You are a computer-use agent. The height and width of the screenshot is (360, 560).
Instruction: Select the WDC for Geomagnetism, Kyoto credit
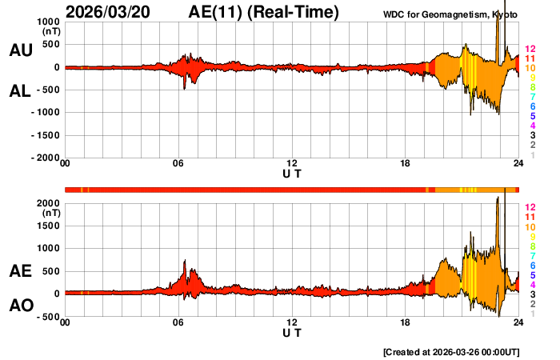tap(449, 14)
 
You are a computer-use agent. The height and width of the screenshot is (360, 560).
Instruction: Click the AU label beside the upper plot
tap(20, 50)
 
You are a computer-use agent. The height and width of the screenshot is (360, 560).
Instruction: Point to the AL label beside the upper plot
tap(20, 91)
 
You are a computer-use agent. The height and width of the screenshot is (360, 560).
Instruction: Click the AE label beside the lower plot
tap(20, 271)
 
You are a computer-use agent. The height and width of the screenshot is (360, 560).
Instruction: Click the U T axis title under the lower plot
tap(292, 332)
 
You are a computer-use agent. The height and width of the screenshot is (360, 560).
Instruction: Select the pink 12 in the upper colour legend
tap(530, 49)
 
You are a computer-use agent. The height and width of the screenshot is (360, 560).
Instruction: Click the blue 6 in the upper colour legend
tap(532, 106)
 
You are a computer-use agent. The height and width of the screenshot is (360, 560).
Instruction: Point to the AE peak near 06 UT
tap(185, 261)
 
